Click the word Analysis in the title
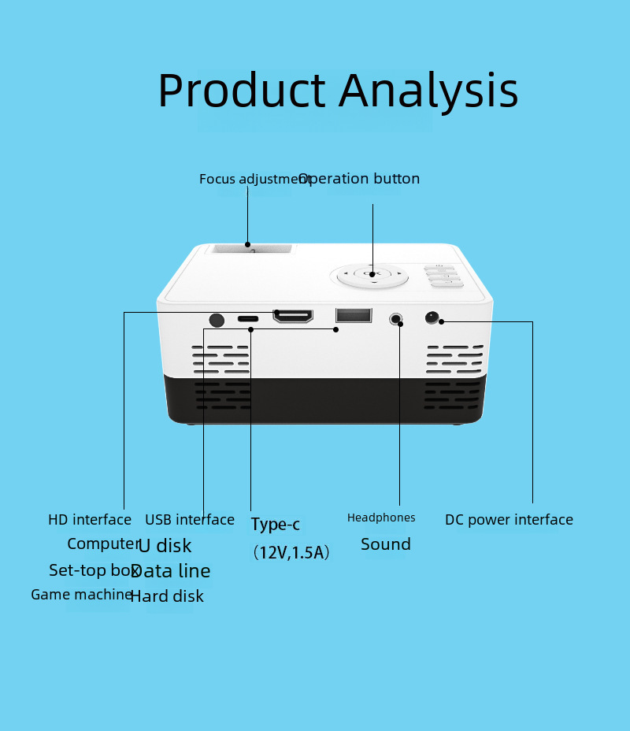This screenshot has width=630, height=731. coord(428,91)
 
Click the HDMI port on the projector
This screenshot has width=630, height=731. coord(293,317)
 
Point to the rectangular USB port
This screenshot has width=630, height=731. coord(353,315)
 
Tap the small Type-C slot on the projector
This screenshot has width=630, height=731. coord(248,319)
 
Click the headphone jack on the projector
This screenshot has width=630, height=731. coord(397,320)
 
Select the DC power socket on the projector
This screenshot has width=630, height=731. coord(432,317)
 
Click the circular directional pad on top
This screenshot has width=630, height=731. coord(369,276)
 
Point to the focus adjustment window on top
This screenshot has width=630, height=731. coord(249,250)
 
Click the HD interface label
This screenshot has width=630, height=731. coord(90,520)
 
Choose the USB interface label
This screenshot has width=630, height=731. coord(190,520)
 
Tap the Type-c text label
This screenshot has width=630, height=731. coord(276,525)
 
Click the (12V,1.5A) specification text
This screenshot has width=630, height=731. coord(291,553)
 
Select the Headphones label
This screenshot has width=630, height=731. coord(381,518)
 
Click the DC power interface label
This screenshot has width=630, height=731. coord(509,520)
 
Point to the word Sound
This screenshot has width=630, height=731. coord(386,544)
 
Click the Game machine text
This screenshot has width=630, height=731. coord(81,595)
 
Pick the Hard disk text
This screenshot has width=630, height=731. coord(167,596)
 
